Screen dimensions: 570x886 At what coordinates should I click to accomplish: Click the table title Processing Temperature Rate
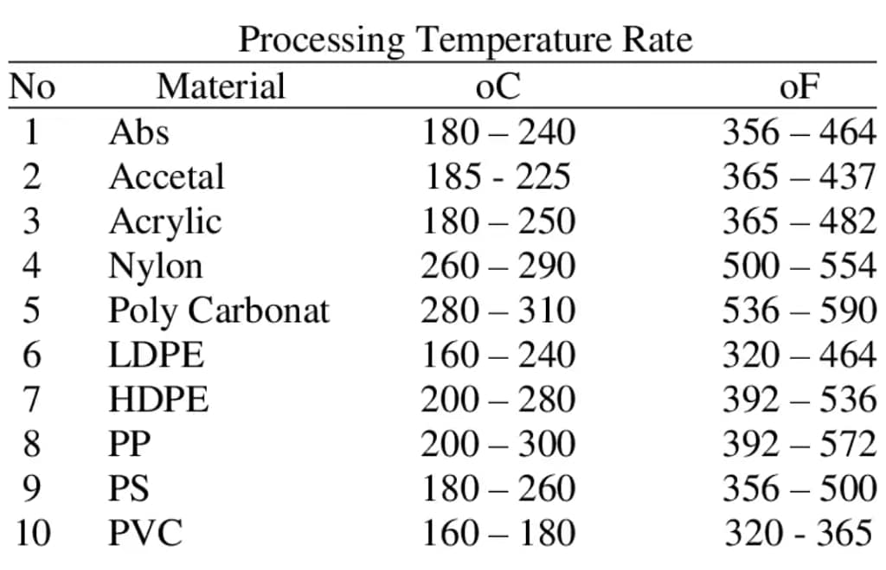pos(465,40)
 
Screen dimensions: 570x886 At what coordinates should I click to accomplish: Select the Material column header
pos(221,86)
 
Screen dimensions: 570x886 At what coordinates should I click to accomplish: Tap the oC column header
pos(498,86)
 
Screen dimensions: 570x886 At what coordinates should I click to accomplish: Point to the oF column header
pos(799,86)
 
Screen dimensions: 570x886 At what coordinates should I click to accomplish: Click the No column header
pos(32,86)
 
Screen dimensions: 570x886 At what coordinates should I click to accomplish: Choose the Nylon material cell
pos(156,266)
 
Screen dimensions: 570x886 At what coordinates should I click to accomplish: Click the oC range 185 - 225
pos(498,177)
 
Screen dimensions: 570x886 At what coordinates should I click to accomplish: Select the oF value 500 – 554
pos(799,266)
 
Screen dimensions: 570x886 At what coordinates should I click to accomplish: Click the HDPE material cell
pos(158,400)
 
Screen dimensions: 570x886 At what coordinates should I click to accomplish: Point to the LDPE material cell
pos(157,355)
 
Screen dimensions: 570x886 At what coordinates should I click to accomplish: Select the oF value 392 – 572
pos(799,444)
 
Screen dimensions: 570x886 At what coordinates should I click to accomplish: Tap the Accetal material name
pos(166,177)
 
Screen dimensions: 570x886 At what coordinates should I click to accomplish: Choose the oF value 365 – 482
pos(799,221)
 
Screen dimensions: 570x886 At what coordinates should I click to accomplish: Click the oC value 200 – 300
pos(498,444)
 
